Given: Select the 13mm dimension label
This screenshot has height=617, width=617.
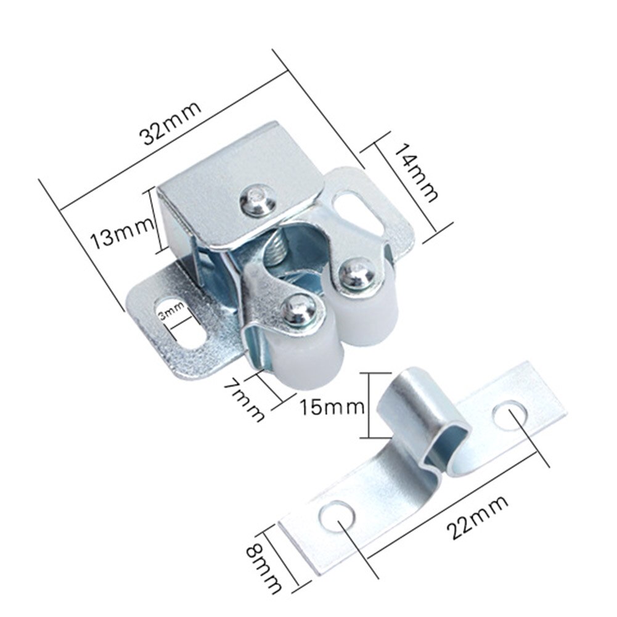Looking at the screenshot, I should click(120, 237).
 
